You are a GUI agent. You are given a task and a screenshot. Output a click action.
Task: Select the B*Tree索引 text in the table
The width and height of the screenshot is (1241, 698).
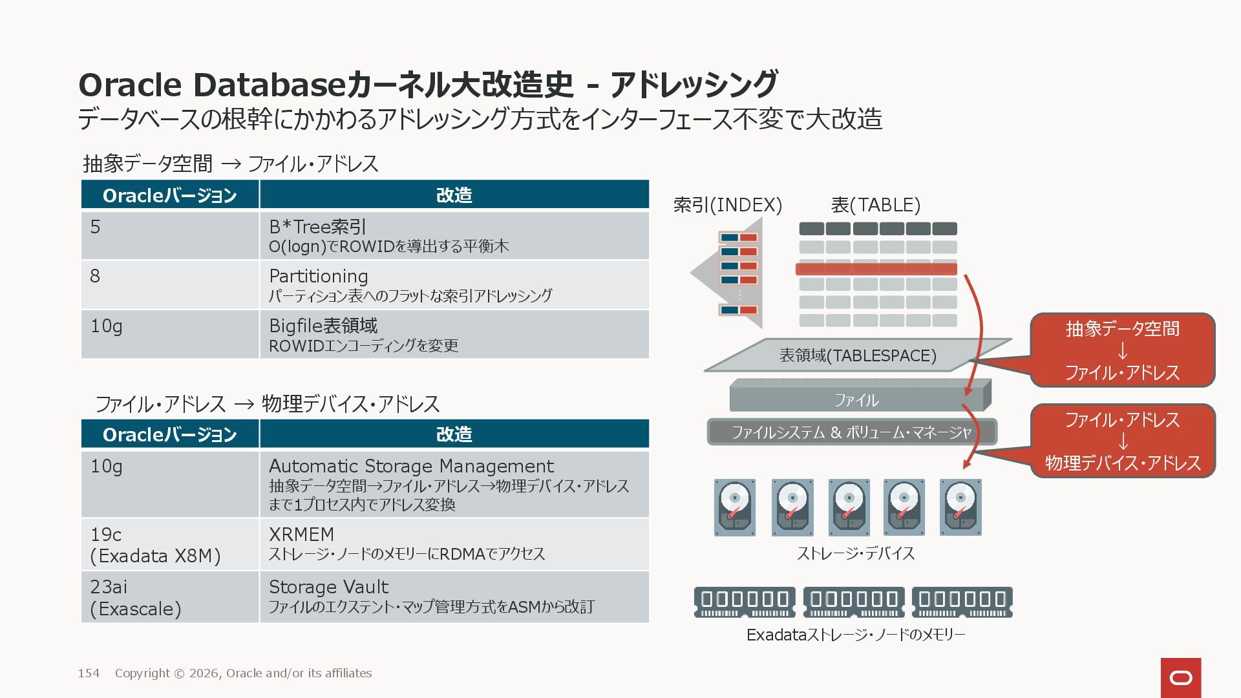(317, 227)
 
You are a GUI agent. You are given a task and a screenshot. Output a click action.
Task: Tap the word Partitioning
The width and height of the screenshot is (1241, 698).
(318, 276)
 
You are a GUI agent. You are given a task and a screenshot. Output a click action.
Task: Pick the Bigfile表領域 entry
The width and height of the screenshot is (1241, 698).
(323, 326)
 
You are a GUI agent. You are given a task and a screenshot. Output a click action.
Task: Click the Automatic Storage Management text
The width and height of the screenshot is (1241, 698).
(411, 466)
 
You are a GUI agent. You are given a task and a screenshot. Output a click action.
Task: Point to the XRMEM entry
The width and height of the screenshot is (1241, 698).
(301, 534)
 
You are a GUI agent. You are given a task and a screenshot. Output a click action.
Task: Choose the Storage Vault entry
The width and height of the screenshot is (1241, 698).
(328, 587)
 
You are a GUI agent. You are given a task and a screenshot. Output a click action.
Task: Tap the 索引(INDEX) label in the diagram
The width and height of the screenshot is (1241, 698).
(727, 205)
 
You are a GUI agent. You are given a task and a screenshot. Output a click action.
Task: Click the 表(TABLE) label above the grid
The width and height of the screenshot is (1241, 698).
(875, 205)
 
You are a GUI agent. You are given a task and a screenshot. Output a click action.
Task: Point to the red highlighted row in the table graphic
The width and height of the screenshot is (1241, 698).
(876, 269)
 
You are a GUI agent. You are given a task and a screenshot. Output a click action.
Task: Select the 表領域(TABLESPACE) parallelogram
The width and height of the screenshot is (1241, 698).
(857, 355)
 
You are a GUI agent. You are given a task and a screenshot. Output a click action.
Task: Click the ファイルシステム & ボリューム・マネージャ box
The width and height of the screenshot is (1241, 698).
(851, 432)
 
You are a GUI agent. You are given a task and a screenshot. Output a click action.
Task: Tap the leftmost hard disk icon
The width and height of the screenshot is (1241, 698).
(734, 507)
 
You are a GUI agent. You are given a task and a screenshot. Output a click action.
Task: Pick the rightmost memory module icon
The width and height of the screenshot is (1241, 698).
(962, 602)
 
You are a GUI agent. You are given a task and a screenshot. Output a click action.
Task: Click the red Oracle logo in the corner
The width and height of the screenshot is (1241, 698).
(1180, 677)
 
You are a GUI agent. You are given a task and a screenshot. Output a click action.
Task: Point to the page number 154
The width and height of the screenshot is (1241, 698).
(89, 673)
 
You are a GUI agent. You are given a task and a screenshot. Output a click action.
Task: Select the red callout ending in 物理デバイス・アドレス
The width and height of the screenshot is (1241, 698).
(1122, 441)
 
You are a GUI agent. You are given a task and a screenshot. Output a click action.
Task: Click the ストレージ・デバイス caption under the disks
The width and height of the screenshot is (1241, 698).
(855, 553)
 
